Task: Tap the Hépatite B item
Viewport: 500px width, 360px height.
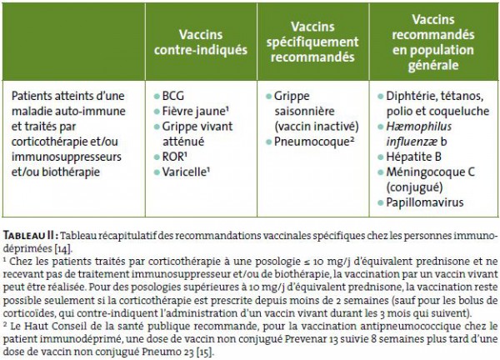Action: coord(416,157)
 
